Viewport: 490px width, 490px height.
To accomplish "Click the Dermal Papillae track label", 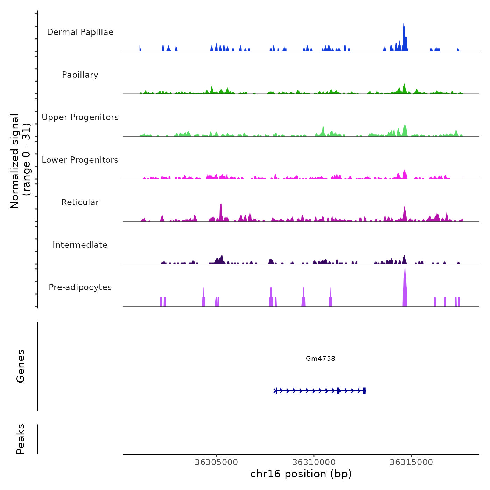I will click(x=80, y=32).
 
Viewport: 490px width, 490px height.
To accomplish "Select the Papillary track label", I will click(x=80, y=75).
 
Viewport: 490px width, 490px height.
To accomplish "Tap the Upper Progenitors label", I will click(x=80, y=117).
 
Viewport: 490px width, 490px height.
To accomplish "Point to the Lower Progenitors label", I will click(x=80, y=160).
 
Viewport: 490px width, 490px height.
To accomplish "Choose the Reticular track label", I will click(x=80, y=202).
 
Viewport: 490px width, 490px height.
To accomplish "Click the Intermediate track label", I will click(x=80, y=245).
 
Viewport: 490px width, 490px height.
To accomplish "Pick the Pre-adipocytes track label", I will click(x=80, y=287).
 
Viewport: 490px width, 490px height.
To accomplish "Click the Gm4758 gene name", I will click(x=320, y=358).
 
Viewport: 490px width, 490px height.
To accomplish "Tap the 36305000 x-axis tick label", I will click(x=216, y=462).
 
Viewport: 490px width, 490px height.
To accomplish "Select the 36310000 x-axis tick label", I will click(x=314, y=462).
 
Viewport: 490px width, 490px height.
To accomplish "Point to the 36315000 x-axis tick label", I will click(x=411, y=462).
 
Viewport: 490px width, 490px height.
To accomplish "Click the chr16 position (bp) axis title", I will click(x=301, y=474).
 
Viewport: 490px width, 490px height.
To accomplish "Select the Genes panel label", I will click(x=21, y=366).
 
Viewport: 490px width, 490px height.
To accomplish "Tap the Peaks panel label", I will click(x=21, y=439).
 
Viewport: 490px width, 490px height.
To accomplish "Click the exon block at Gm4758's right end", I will click(x=364, y=391).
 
